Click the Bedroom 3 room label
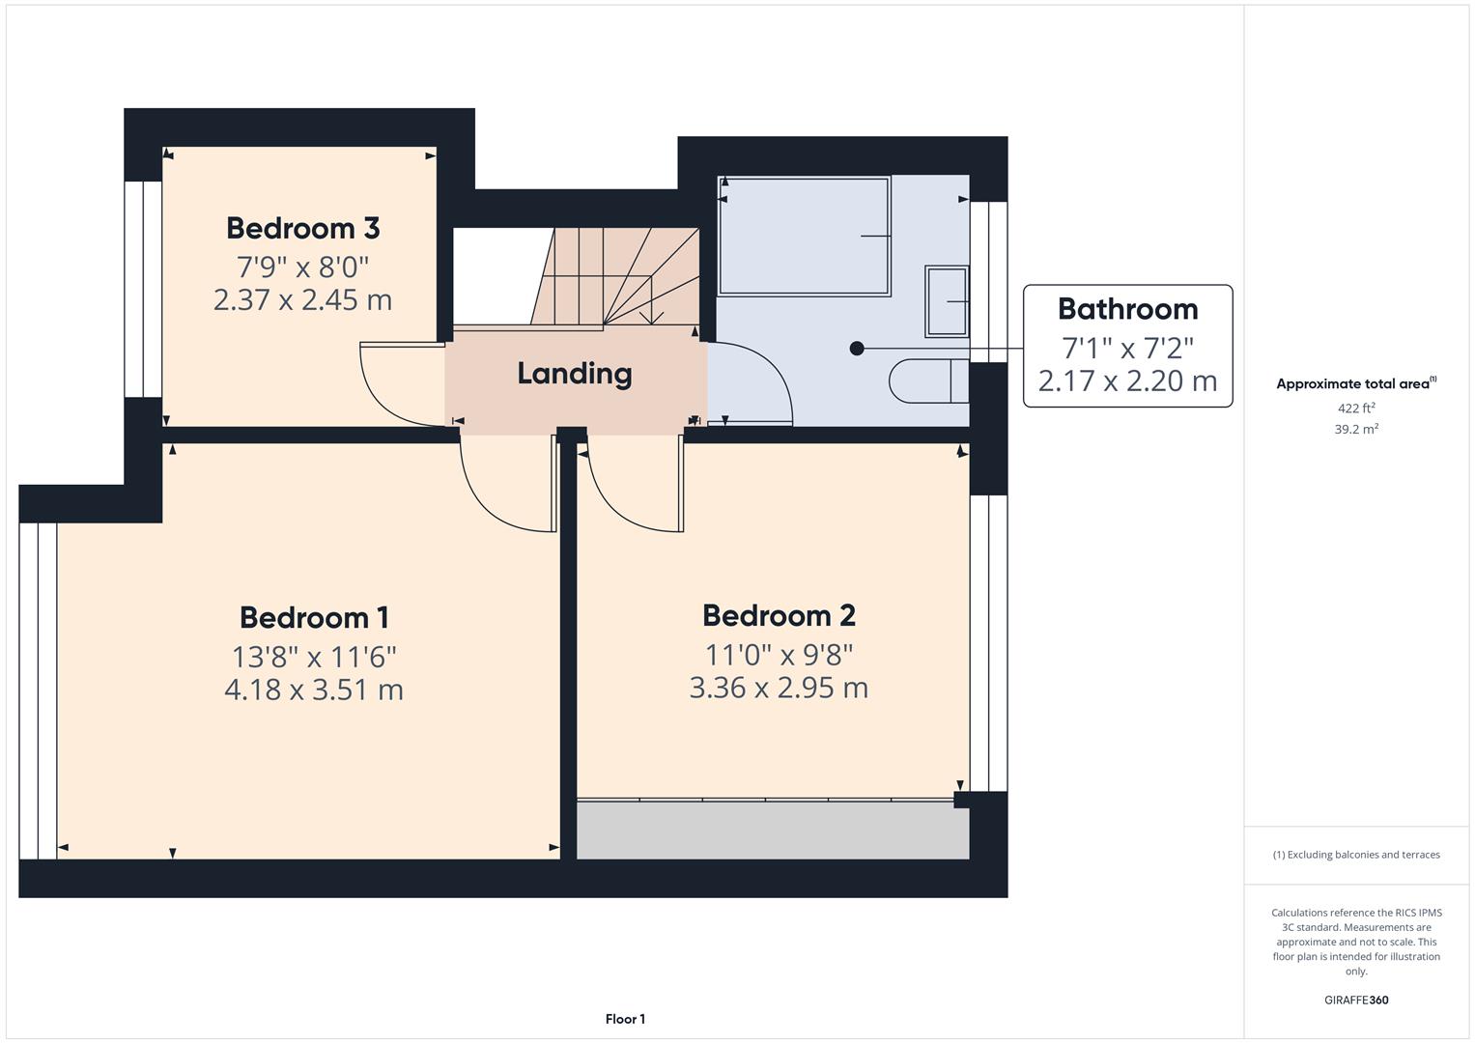(x=302, y=228)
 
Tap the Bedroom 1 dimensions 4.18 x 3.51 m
(x=313, y=690)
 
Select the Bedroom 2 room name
(x=779, y=615)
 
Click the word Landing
(x=575, y=374)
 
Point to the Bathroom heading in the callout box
(x=1127, y=309)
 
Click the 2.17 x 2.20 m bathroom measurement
(x=1127, y=381)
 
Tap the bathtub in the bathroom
(x=804, y=236)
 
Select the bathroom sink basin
(x=946, y=301)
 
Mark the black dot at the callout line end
(x=857, y=349)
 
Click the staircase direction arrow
(x=652, y=315)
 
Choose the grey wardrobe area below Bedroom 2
(x=773, y=830)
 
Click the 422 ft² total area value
(x=1356, y=408)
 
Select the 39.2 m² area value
(x=1356, y=429)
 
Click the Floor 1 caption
(x=625, y=1019)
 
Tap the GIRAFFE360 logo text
(x=1356, y=1000)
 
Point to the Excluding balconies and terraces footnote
(x=1356, y=855)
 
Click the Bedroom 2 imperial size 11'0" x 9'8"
(x=779, y=655)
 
